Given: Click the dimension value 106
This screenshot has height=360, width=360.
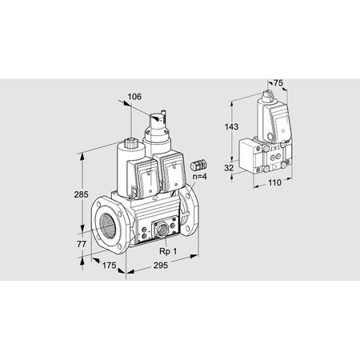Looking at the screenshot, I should [135, 98].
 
